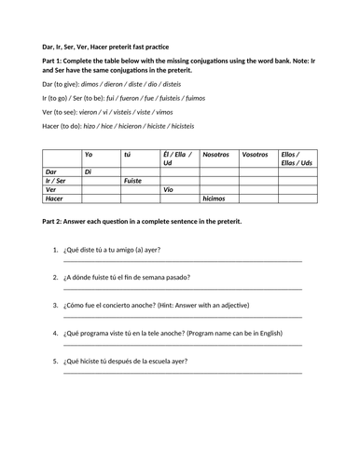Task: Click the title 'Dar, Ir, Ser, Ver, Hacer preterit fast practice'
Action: [x=103, y=45]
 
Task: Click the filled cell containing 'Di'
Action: [x=89, y=171]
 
